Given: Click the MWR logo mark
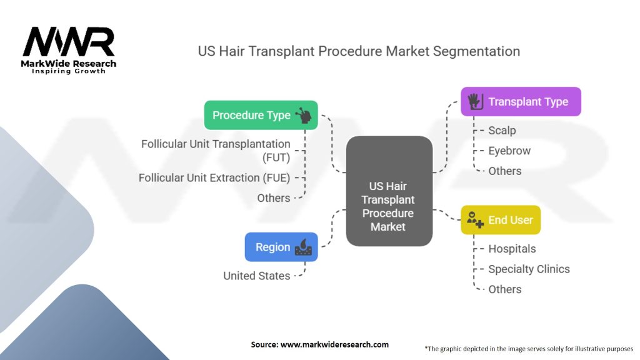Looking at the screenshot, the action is (69, 42).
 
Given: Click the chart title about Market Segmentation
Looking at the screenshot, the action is (359, 51).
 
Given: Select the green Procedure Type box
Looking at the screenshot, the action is (261, 115).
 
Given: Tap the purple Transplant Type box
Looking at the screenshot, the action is (521, 102).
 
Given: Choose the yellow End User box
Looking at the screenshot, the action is (501, 220).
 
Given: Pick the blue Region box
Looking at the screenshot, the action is (281, 247).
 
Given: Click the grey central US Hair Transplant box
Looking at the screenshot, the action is (389, 191).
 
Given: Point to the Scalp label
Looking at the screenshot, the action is (502, 131).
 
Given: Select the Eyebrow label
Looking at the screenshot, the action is (509, 151).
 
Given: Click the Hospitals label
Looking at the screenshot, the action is (512, 249).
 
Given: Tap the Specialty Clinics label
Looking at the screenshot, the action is (529, 269).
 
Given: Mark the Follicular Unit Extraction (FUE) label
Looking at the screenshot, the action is (214, 178).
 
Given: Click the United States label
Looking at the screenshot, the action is (257, 276).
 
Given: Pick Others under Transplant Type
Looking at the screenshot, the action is (505, 171).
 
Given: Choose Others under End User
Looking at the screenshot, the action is (505, 289).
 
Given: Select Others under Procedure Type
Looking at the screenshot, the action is (274, 198).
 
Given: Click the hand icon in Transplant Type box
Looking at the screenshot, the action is (476, 102).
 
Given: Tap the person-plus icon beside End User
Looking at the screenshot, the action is (475, 220).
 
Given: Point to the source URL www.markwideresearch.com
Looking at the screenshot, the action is (334, 344).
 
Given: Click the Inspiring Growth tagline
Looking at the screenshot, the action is (69, 71).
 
